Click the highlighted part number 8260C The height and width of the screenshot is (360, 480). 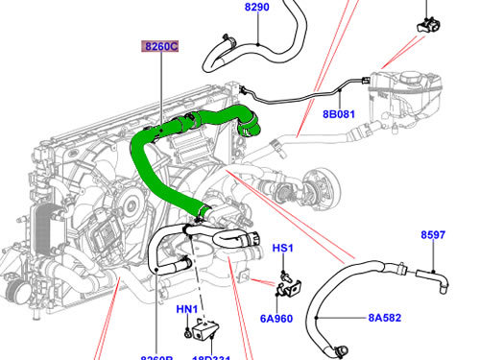coord(160,45)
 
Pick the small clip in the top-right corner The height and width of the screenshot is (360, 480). coord(426,23)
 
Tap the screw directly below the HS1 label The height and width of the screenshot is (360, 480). coord(281,275)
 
